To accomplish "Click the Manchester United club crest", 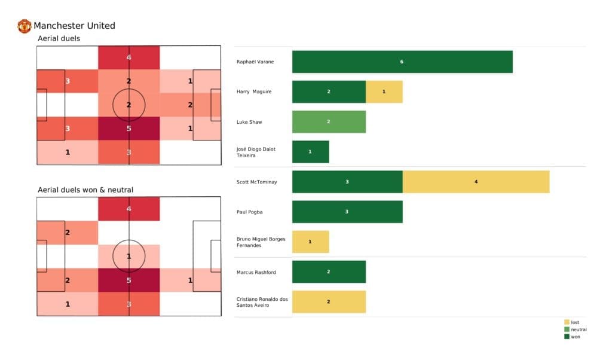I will click(25, 26).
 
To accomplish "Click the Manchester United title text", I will click(74, 26).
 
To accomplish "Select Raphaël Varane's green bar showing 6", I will click(402, 62).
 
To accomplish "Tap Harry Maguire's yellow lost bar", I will click(384, 91).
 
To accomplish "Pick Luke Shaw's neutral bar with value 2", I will click(329, 122).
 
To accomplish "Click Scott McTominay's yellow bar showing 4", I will click(476, 182).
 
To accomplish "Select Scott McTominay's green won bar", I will click(347, 182).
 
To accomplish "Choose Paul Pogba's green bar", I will click(347, 212).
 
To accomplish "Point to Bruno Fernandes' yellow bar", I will click(310, 242).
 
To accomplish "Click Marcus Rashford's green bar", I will click(329, 272).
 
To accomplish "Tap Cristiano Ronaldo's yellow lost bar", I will click(329, 302).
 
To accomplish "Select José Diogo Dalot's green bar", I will click(310, 152).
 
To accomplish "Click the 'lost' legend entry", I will click(574, 322).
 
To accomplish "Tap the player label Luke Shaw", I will click(249, 122).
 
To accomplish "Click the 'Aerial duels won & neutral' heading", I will click(85, 190).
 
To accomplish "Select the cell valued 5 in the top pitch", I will click(129, 129).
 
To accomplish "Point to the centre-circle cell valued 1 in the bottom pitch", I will click(129, 257).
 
